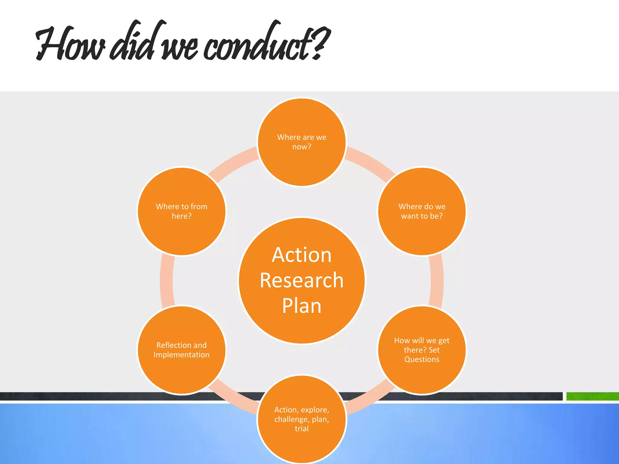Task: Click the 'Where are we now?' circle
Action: click(302, 142)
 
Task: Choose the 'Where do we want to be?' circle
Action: click(422, 211)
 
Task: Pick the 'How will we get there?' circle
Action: click(422, 350)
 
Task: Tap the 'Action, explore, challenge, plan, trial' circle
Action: click(302, 419)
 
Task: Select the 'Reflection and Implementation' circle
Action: click(181, 350)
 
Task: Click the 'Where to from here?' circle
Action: click(181, 211)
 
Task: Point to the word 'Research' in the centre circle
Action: click(302, 280)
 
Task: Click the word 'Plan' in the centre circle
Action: click(302, 306)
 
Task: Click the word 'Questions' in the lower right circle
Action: click(422, 359)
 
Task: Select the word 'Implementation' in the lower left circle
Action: click(181, 355)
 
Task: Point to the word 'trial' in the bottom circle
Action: click(302, 429)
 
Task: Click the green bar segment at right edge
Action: click(592, 396)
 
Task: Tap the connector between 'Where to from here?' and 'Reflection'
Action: click(167, 281)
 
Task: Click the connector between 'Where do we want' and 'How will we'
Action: click(437, 281)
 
